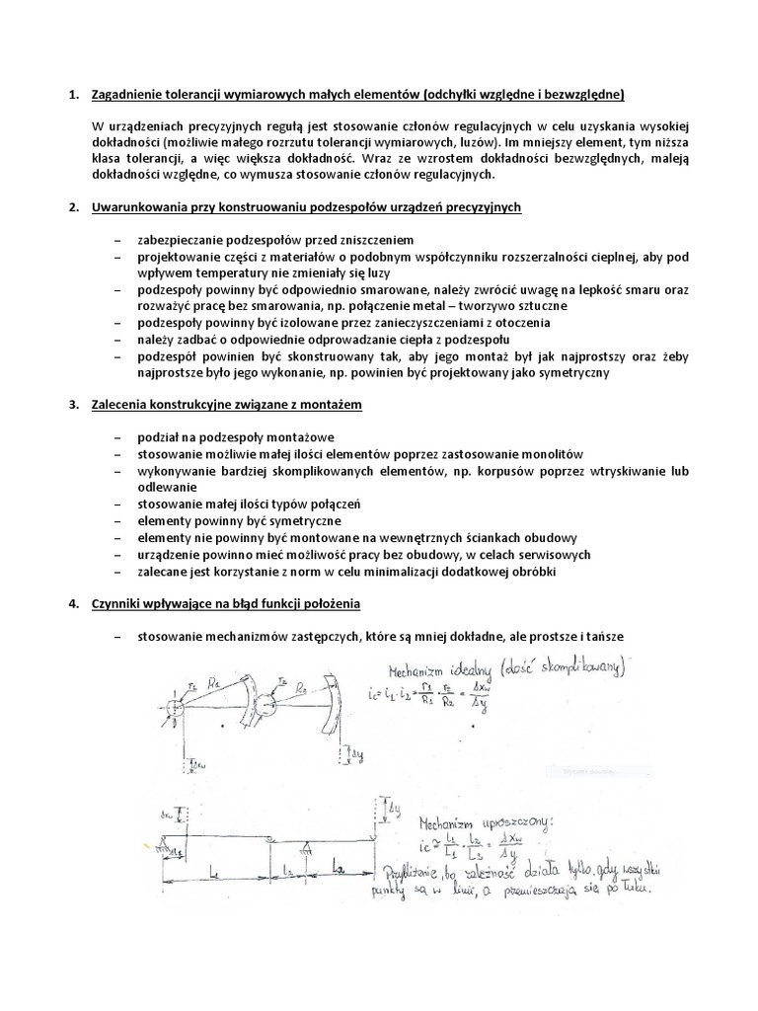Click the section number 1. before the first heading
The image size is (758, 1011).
pos(72,95)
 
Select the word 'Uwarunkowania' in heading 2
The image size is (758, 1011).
pos(139,208)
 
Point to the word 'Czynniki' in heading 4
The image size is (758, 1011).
pos(116,603)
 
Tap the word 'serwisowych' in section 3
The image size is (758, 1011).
pos(555,555)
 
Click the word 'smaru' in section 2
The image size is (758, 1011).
pos(629,290)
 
